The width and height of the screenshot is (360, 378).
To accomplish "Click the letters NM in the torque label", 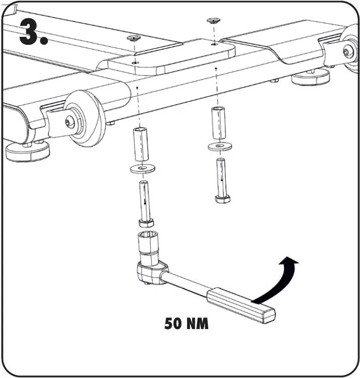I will click(x=197, y=323).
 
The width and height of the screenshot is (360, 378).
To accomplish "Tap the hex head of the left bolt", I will click(x=146, y=223).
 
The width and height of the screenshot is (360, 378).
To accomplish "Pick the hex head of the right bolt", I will click(x=222, y=198).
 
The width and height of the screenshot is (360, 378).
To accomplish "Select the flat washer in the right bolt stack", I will click(x=219, y=146).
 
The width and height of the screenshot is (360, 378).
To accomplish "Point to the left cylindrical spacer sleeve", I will click(x=141, y=145).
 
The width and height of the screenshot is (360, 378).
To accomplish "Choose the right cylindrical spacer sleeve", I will click(x=218, y=123).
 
